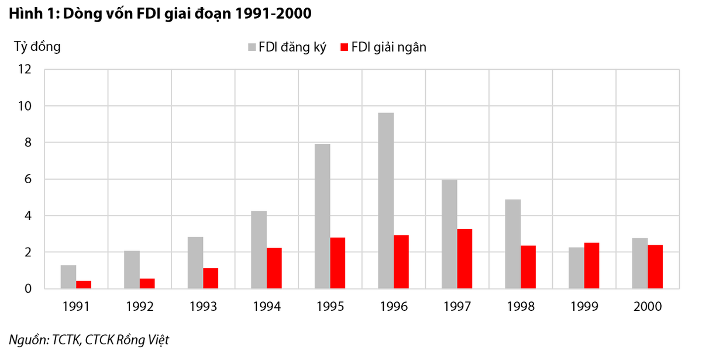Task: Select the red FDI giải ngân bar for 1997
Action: tap(464, 259)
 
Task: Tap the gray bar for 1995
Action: tap(322, 217)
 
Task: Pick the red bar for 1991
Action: tap(84, 285)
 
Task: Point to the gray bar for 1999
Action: tap(576, 268)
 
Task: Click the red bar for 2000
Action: tap(655, 267)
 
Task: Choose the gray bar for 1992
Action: tap(132, 270)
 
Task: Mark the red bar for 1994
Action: tap(274, 268)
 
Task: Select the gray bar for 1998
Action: tap(512, 244)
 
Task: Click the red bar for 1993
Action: tap(211, 279)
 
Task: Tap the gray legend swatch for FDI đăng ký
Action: tap(252, 47)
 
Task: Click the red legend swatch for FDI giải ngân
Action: tap(345, 47)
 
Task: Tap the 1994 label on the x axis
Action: tap(266, 307)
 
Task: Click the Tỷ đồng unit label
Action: tap(37, 46)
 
